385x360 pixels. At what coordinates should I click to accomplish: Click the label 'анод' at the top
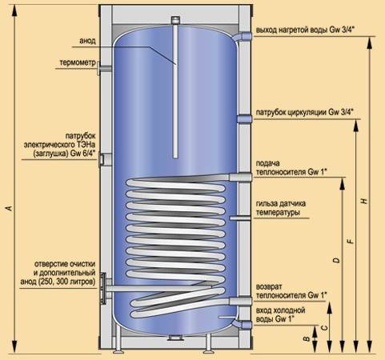pos(87,41)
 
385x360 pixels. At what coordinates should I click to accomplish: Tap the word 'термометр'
pos(78,62)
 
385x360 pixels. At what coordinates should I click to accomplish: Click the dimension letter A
pos(10,208)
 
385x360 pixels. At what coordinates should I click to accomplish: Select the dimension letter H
pos(364,201)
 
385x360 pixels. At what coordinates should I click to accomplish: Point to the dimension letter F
pos(351,242)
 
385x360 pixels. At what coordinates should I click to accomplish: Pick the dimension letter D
pos(337,260)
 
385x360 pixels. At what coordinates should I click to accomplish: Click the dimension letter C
pos(323,327)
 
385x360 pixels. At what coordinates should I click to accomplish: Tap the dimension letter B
pos(307,338)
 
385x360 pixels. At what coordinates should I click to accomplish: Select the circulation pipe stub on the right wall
pos(244,119)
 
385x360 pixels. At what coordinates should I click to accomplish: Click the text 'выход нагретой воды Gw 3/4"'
pos(305,30)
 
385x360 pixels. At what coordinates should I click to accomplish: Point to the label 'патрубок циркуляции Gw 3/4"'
pos(305,112)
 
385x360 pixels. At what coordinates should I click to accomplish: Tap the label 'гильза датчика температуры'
pos(281,208)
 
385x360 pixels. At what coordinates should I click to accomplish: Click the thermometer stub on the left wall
pos(104,68)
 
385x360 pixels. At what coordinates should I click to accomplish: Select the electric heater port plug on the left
pos(105,159)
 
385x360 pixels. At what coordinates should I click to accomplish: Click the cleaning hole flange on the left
pos(105,288)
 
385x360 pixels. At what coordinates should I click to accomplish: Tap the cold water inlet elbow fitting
pos(243,324)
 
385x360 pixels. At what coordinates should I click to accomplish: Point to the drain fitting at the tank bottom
pos(175,338)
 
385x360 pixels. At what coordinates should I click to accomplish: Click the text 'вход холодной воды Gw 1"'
pos(280,314)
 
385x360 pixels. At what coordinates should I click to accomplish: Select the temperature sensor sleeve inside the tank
pos(240,218)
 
